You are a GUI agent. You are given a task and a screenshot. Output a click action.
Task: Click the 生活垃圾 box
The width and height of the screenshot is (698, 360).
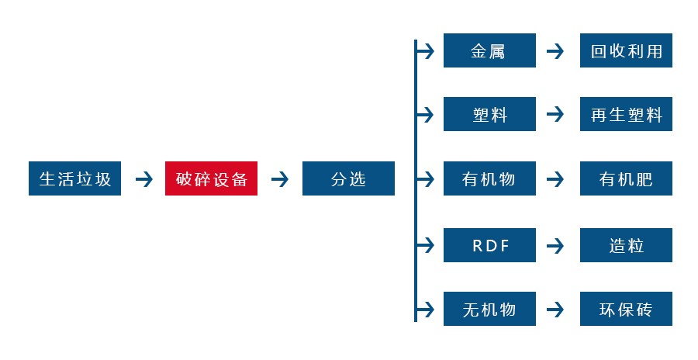point(74,179)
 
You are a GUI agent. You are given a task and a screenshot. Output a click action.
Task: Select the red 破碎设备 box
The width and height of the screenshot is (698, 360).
point(211,179)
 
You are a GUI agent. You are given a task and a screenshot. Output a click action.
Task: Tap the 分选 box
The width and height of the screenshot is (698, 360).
point(348,179)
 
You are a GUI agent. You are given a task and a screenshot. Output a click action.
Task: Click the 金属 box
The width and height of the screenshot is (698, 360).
point(489,51)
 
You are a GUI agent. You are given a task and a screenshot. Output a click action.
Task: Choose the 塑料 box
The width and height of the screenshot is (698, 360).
point(489,115)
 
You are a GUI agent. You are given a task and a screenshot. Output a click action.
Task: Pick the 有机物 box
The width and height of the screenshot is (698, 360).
point(489,179)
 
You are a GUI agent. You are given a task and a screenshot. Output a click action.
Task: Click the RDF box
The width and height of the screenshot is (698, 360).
point(489,246)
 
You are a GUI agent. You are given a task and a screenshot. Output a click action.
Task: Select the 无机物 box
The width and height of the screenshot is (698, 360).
point(489,310)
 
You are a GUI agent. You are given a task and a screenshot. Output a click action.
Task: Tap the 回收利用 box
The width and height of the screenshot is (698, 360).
point(626,51)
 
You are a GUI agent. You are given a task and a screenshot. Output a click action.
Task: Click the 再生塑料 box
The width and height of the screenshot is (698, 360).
point(626,115)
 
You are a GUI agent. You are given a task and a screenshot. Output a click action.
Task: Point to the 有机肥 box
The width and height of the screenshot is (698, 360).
point(626,179)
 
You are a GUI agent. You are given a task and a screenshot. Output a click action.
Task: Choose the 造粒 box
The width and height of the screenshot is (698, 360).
point(626,246)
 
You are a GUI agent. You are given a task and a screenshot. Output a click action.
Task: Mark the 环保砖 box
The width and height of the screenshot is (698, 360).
point(626,310)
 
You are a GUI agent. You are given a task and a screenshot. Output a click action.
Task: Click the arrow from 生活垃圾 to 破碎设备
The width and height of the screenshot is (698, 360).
point(143,179)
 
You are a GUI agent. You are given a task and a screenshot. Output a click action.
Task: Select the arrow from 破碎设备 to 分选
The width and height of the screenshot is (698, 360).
point(280,179)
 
